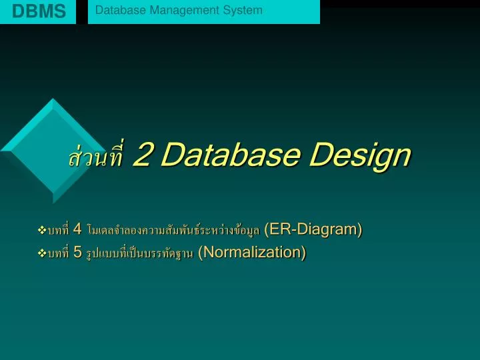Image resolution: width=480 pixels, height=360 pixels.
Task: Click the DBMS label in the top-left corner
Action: coord(39,11)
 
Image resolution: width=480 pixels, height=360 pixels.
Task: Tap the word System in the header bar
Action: coord(246,11)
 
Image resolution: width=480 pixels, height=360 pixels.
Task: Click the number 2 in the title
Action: coord(143,155)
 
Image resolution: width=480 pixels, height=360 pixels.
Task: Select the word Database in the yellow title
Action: coord(228,155)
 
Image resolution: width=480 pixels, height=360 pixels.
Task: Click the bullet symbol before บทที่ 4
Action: coord(43,231)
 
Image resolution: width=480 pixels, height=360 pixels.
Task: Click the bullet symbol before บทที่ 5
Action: coord(43,253)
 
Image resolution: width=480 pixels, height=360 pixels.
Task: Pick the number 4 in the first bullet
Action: coord(78,230)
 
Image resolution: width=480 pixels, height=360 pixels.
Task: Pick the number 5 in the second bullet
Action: coord(78,253)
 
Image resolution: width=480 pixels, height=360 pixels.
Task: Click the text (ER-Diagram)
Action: coord(313,230)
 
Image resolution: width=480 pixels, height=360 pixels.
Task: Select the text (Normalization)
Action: coord(252,253)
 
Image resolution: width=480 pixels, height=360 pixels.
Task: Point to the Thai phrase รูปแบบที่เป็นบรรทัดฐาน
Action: coord(140,254)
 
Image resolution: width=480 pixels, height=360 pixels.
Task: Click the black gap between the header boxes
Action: coord(82,11)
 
